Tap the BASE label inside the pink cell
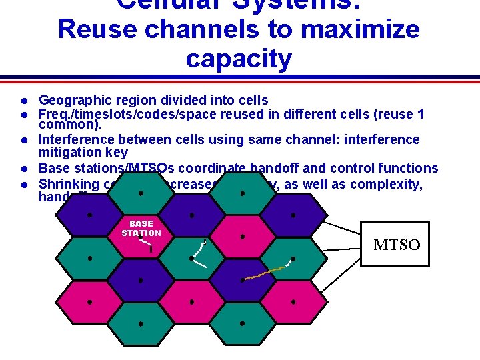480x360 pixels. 141,224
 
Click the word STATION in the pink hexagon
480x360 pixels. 141,233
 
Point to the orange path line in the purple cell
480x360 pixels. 264,272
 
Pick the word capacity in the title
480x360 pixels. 239,59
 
